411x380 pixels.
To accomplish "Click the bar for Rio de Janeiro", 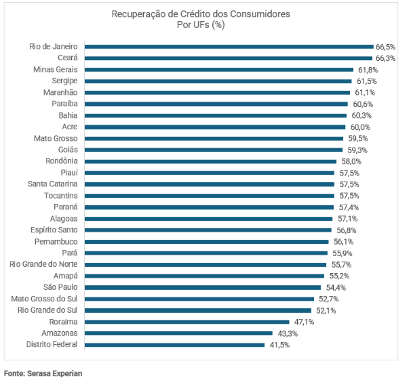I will point(229,47).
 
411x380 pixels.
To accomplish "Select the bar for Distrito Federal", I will point(174,345).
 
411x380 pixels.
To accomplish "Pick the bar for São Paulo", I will point(203,287).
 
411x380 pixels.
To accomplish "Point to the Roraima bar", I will point(187,322).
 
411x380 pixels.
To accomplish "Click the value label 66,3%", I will point(385,58).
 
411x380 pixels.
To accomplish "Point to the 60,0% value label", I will point(360,127).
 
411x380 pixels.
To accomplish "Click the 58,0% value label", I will point(351,161).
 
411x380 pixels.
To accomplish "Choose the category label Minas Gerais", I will point(56,70).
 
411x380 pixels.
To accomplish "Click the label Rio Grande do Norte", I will point(44,264).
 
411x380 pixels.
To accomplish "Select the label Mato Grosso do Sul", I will point(45,299).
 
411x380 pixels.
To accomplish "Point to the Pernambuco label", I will point(56,241).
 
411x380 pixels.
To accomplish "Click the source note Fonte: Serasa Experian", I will point(43,373).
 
